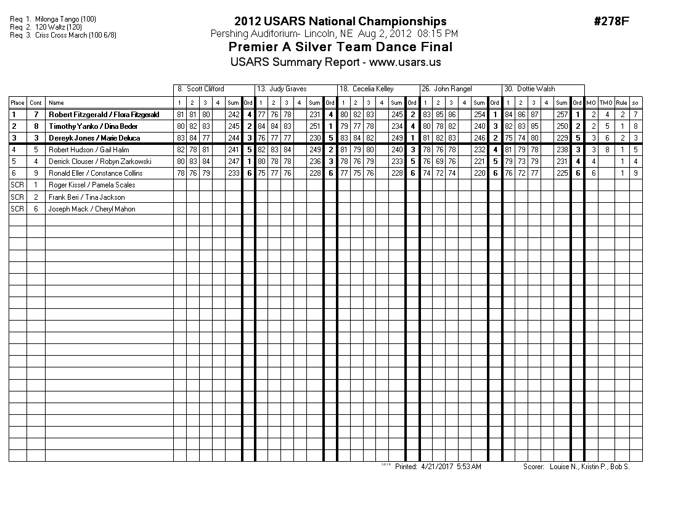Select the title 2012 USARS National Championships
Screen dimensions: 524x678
click(x=340, y=22)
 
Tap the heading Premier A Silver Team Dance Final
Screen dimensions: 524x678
click(x=340, y=47)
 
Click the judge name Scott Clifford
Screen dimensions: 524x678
click(x=205, y=89)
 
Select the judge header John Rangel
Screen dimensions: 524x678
click(x=452, y=89)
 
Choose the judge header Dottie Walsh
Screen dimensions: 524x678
click(x=536, y=89)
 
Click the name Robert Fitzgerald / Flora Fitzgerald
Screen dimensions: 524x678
click(x=104, y=115)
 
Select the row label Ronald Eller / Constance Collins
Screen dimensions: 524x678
click(x=96, y=173)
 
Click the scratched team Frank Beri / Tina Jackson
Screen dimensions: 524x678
click(x=86, y=197)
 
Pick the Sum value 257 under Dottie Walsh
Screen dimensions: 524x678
click(x=562, y=115)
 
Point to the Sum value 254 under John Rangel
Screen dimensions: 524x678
click(x=479, y=115)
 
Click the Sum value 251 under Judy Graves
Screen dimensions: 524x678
click(x=314, y=126)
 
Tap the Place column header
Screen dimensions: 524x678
click(x=17, y=103)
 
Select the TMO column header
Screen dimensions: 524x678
click(x=606, y=103)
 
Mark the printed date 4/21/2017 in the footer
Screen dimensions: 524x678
click(x=436, y=467)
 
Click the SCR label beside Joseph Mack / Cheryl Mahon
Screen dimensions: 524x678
click(x=17, y=209)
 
